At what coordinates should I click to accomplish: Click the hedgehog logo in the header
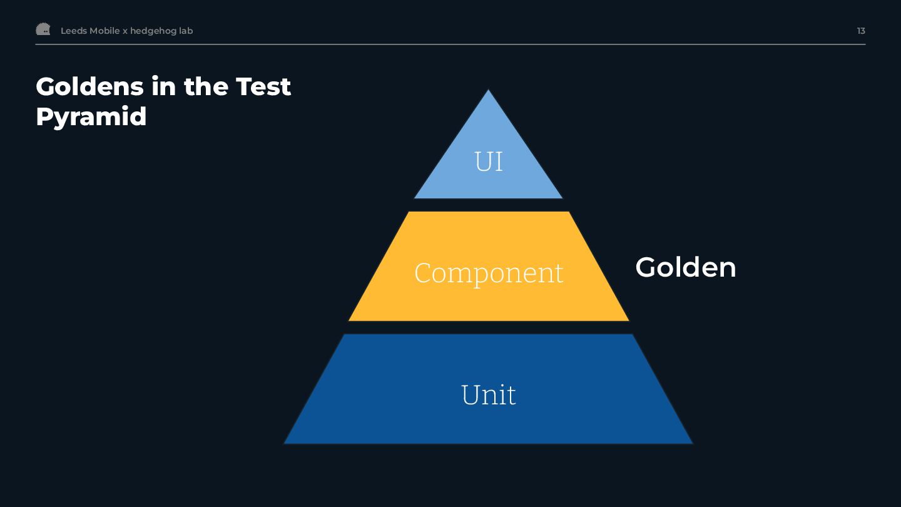coord(43,29)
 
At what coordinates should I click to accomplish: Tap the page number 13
coord(861,31)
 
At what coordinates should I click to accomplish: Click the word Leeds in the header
coord(73,31)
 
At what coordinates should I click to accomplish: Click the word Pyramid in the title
coord(91,116)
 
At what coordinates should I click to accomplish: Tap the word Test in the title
coord(263,86)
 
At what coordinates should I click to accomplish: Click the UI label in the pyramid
coord(489,161)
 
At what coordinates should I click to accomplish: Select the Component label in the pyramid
coord(489,273)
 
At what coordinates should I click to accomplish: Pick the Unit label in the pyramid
coord(489,395)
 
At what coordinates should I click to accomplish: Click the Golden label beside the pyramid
coord(686,267)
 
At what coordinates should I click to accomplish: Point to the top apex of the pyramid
coord(488,90)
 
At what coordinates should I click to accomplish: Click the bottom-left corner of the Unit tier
coord(285,443)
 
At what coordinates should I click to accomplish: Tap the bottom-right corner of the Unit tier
coord(693,443)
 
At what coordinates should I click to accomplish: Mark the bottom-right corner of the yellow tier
coord(628,320)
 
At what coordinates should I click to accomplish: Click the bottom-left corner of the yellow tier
coord(349,320)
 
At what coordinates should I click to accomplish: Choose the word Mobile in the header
coord(104,31)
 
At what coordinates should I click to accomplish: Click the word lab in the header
coord(186,31)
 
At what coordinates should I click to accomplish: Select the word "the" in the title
coord(206,86)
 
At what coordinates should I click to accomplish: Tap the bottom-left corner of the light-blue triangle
coord(415,198)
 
